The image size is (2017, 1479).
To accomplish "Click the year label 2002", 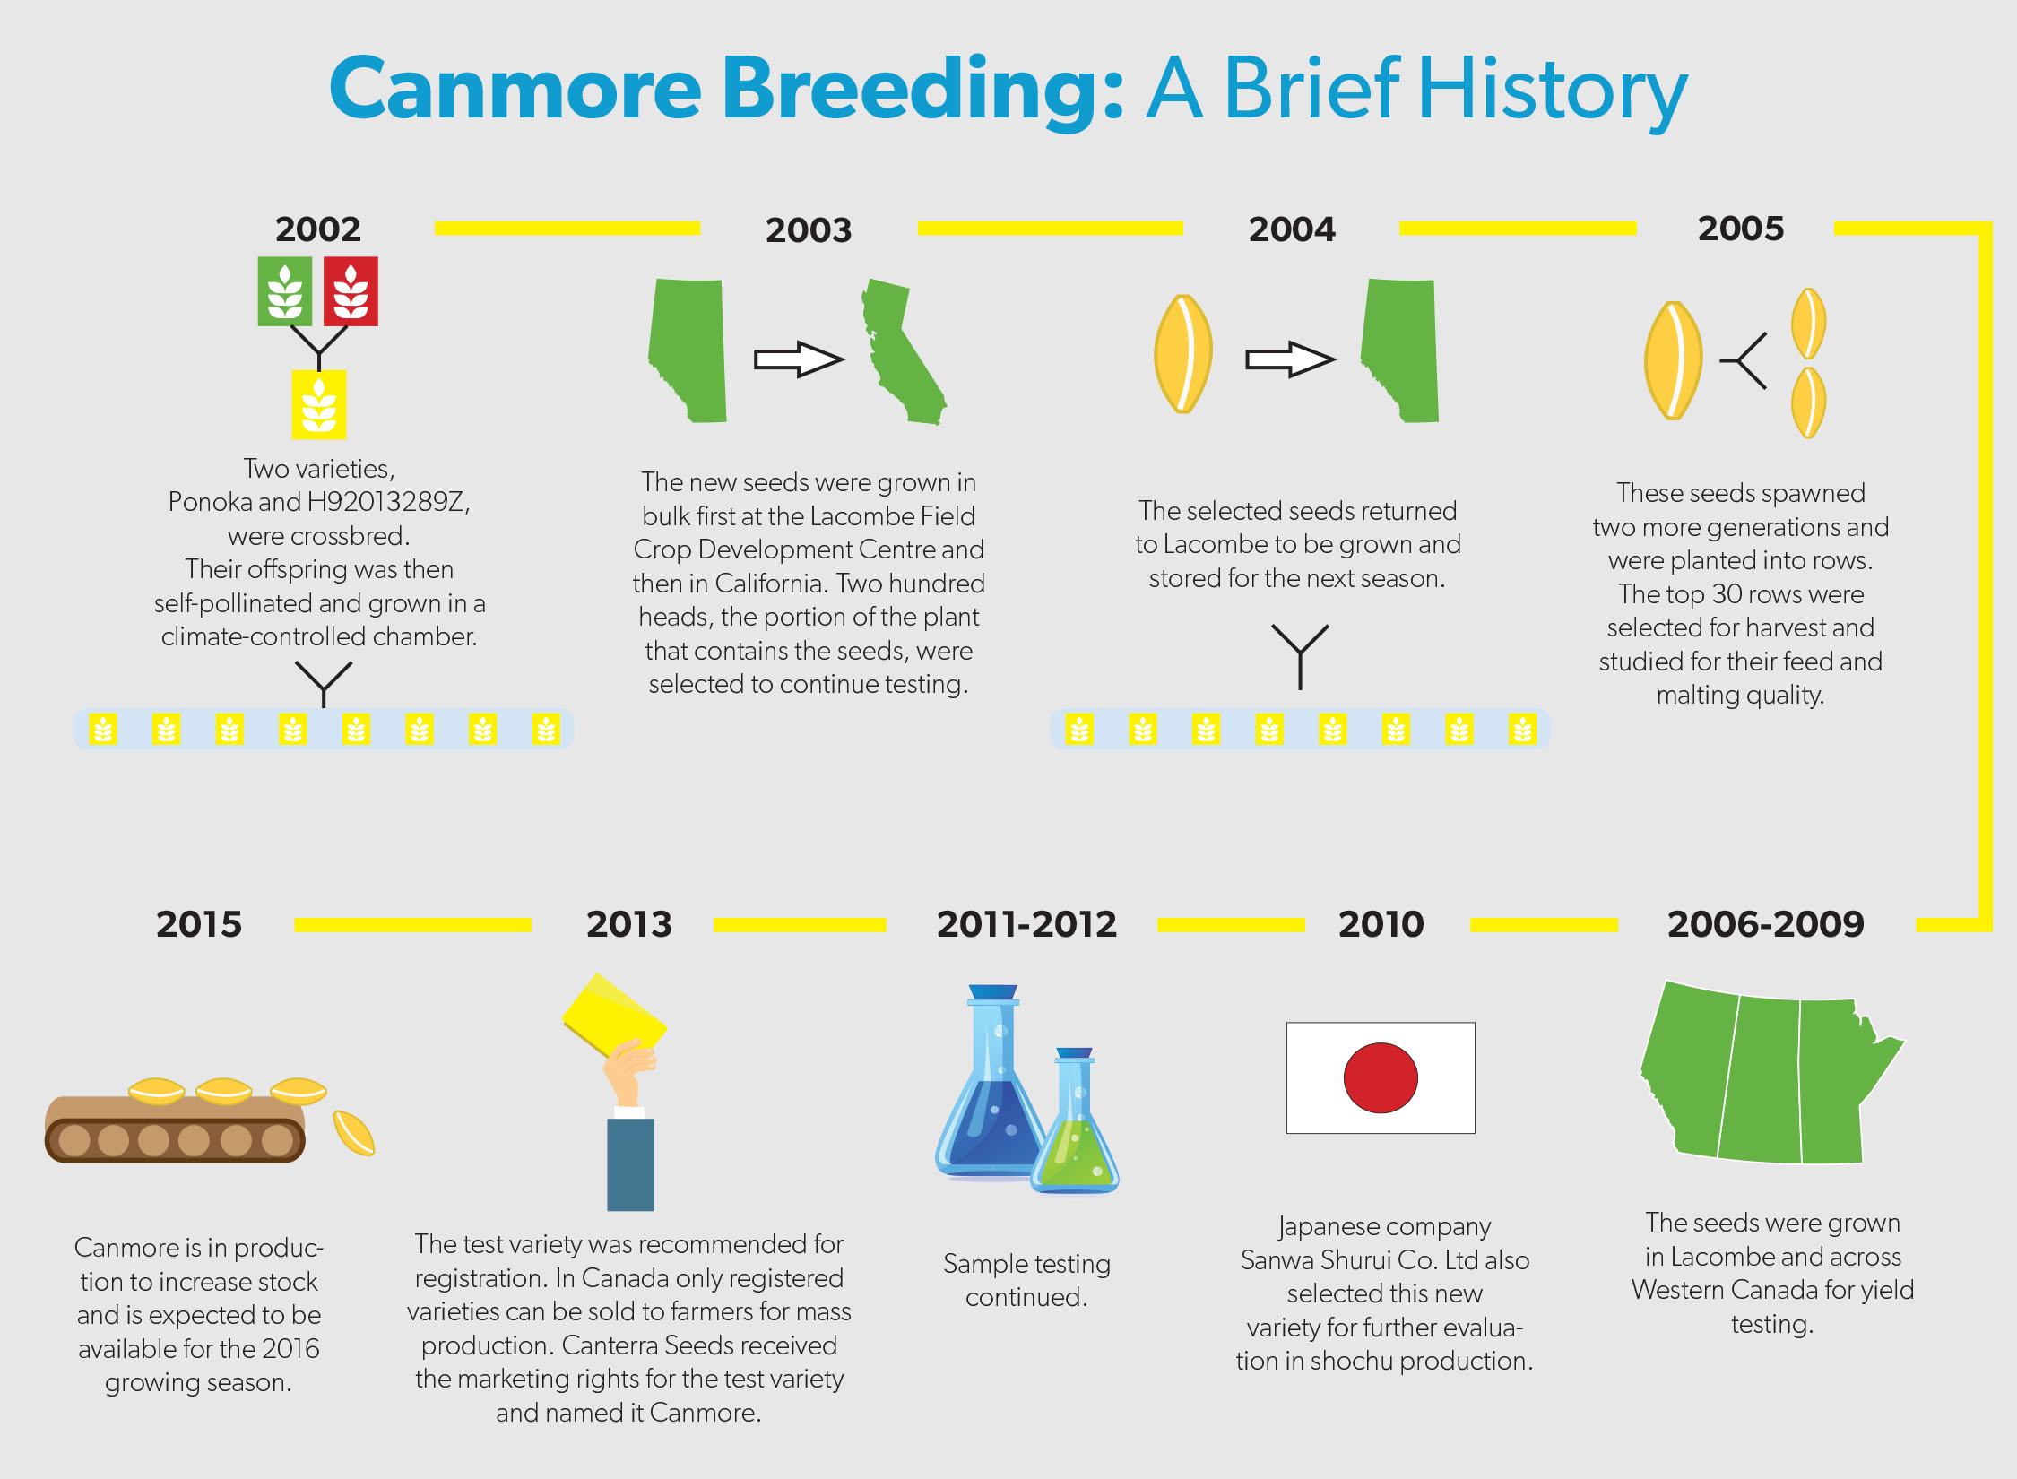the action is (318, 229).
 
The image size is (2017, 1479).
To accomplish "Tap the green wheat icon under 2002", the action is (285, 291).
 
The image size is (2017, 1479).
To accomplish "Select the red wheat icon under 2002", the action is (351, 291).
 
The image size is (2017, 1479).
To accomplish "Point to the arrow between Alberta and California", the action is (799, 359).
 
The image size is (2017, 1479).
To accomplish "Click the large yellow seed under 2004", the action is (1183, 354).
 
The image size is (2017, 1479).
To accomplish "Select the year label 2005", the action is (1741, 229).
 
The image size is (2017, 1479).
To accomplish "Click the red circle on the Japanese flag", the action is (1381, 1077).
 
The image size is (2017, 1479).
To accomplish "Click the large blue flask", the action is (991, 1089).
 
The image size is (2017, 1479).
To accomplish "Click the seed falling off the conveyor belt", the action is (353, 1133).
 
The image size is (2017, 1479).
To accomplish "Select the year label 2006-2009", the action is (1765, 924).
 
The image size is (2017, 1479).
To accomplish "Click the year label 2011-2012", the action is (1026, 924).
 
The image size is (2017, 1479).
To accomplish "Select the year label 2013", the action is (629, 924).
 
